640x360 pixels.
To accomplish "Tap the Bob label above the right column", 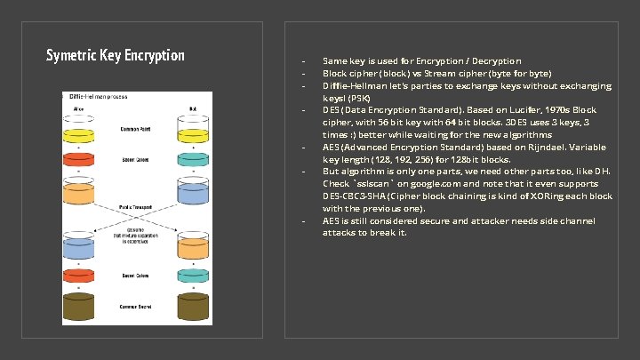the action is pyautogui.click(x=192, y=108).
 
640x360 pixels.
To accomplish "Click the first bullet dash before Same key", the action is pyautogui.click(x=304, y=61).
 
